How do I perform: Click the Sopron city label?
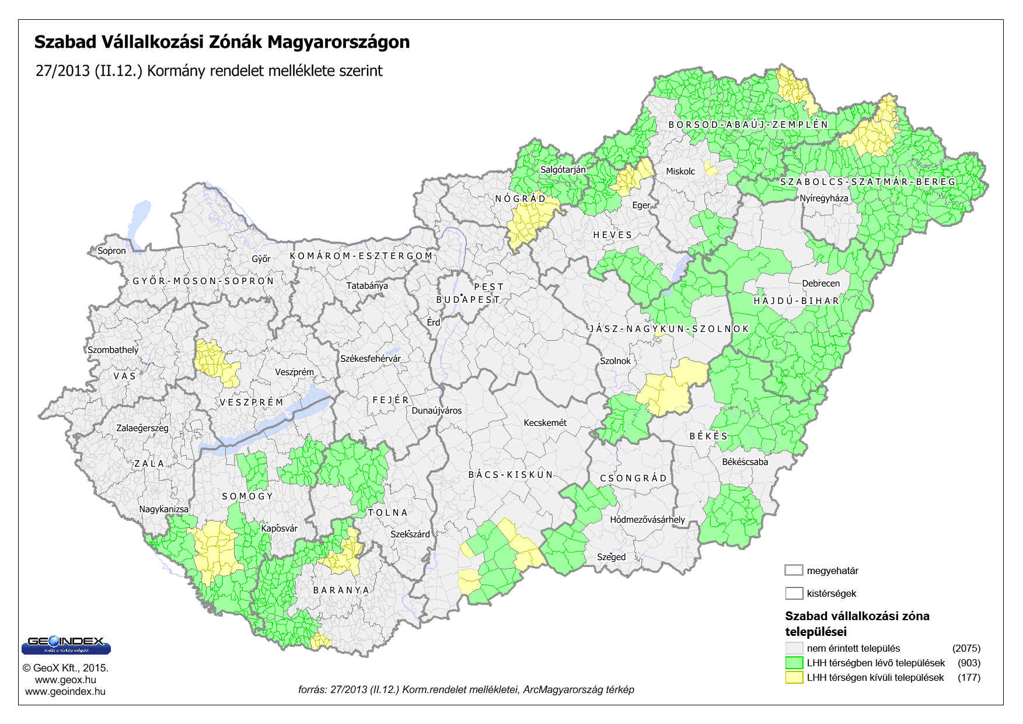click(111, 251)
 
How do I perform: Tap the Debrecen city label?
click(821, 284)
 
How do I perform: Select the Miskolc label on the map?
click(680, 172)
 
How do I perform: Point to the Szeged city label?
click(611, 557)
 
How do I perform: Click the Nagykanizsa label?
click(164, 509)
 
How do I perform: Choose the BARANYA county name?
click(341, 590)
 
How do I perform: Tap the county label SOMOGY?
click(247, 496)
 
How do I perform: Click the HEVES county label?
click(613, 235)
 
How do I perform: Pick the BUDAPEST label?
click(468, 300)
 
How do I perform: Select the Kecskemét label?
click(545, 423)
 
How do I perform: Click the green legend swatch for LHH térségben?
click(794, 663)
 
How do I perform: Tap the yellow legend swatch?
click(794, 677)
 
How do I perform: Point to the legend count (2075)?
click(966, 648)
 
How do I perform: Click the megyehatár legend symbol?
click(794, 571)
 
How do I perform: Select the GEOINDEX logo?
click(66, 644)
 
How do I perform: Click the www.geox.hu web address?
click(65, 680)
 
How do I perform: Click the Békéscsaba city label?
click(745, 462)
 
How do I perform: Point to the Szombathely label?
click(113, 350)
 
